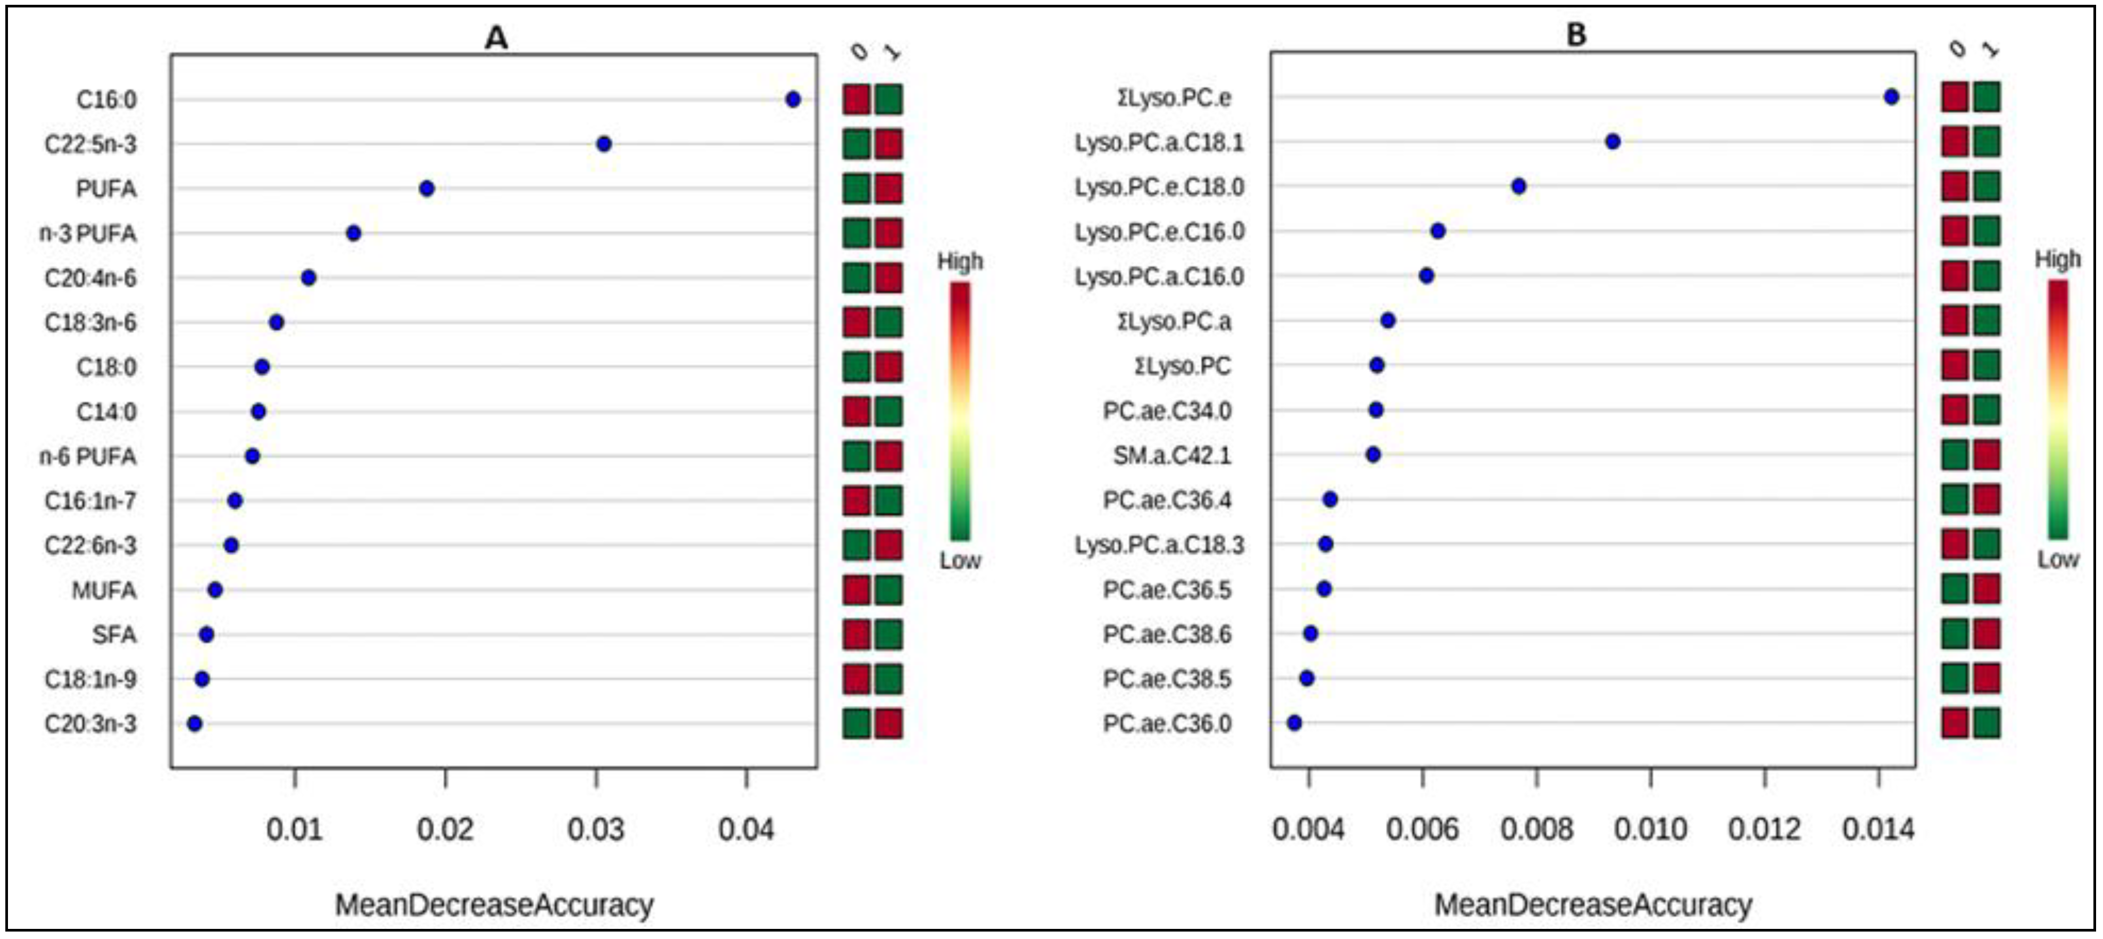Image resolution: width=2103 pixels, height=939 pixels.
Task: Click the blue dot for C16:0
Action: click(x=793, y=100)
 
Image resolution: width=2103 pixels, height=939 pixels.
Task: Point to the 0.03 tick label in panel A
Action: click(x=595, y=829)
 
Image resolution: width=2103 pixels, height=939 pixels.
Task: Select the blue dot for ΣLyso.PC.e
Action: click(x=1891, y=97)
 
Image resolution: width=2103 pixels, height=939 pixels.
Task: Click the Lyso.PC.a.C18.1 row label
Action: click(x=1159, y=142)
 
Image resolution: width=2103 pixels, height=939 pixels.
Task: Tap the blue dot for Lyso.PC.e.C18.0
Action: click(x=1518, y=186)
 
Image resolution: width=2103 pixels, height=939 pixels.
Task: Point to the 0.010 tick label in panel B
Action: click(x=1650, y=829)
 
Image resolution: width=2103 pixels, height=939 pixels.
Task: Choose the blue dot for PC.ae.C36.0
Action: click(x=1294, y=723)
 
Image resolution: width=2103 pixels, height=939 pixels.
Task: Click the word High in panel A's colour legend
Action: click(x=959, y=261)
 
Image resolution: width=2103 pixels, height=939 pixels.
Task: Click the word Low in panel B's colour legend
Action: click(x=2057, y=559)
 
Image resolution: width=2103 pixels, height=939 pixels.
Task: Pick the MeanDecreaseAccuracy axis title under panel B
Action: click(x=1593, y=905)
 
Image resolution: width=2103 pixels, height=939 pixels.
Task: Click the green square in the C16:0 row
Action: click(x=888, y=100)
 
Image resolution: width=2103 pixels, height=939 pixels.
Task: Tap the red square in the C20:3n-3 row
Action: click(x=888, y=723)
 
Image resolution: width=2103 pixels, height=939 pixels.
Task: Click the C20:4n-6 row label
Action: click(x=90, y=278)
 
